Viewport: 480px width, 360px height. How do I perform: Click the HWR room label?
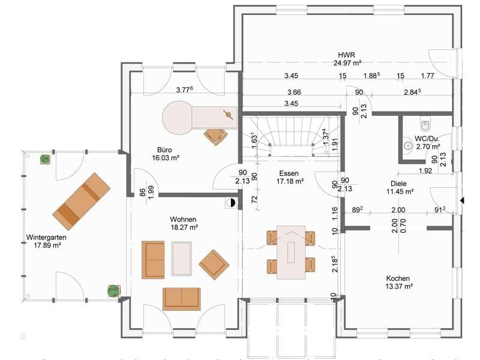[347, 55]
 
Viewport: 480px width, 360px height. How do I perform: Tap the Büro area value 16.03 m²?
[166, 158]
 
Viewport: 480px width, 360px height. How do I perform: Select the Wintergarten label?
[46, 237]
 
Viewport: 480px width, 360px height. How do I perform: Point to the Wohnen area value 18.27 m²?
[184, 227]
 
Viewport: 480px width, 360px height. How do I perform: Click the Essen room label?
[289, 173]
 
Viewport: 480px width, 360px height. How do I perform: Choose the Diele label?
[398, 184]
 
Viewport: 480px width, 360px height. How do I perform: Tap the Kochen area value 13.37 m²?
[398, 287]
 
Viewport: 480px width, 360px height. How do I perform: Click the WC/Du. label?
[427, 139]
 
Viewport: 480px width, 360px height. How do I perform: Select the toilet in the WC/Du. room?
[425, 124]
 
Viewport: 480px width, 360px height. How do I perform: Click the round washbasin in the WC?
[408, 145]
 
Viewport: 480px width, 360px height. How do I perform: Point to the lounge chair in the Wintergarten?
[82, 201]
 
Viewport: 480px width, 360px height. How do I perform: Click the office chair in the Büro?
[216, 137]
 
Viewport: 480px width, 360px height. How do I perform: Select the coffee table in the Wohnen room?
[182, 259]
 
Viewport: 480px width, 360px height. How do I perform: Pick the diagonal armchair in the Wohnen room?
[214, 265]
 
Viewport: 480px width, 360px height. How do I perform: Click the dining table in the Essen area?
[291, 252]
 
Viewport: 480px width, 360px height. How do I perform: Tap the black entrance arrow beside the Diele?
[462, 200]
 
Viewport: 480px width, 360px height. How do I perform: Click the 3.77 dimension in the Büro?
[184, 89]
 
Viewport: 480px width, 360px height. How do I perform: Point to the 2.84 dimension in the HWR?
[412, 92]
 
